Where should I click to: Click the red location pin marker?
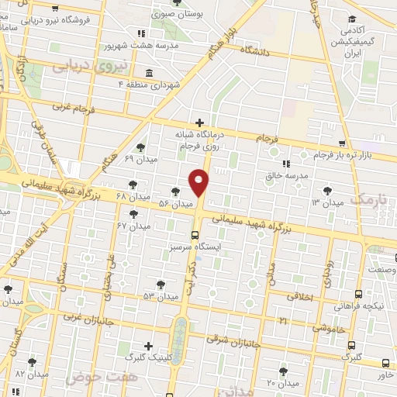coord(199,182)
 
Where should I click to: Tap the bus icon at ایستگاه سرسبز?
coord(194,234)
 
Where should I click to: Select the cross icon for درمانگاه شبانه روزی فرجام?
coord(200,123)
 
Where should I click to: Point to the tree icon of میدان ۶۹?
coord(140,147)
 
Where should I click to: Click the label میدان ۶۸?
coord(109,195)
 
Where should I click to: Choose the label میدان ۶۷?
coord(133,226)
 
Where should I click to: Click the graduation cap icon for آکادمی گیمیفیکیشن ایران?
coord(352,19)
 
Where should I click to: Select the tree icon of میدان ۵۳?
coord(160,285)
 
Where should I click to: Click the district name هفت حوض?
coord(95,378)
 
